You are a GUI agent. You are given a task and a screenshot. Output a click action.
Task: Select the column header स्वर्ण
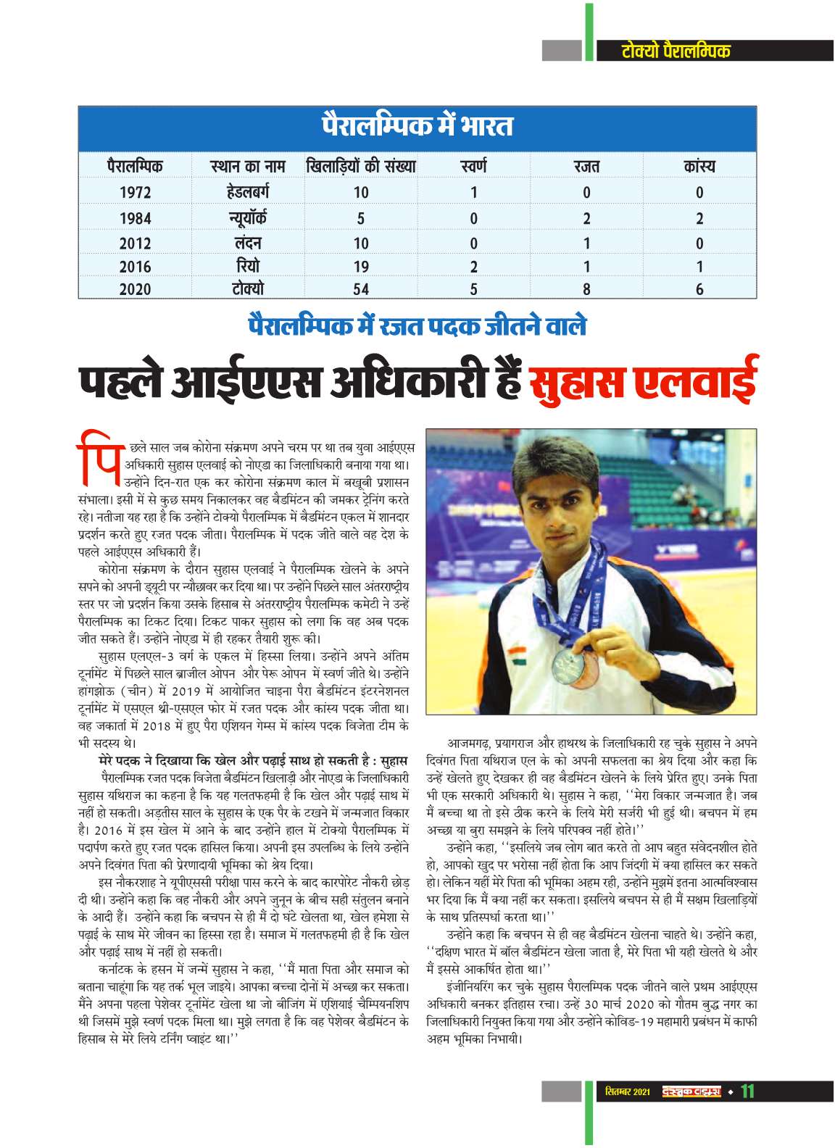coord(473,167)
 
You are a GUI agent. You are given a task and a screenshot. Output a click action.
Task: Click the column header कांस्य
coord(699,167)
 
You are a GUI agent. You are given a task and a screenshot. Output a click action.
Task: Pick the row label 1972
coord(135,193)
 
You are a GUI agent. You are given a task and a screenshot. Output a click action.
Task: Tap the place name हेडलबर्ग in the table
coord(247,192)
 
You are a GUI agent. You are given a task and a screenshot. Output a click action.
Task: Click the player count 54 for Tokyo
coord(360,289)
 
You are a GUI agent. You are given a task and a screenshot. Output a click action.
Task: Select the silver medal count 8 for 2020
coord(586,289)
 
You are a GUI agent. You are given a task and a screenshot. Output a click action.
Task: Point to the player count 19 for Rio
coord(360,266)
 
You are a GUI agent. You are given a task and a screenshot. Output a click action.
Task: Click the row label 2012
coord(135,243)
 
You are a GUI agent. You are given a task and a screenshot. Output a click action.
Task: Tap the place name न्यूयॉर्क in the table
coord(247,217)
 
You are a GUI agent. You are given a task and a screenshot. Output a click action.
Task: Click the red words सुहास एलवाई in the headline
coord(642,383)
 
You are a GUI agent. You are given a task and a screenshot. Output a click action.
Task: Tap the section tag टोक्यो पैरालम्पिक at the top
coord(676,51)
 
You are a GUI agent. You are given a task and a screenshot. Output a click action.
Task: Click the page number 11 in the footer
coord(747,1091)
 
